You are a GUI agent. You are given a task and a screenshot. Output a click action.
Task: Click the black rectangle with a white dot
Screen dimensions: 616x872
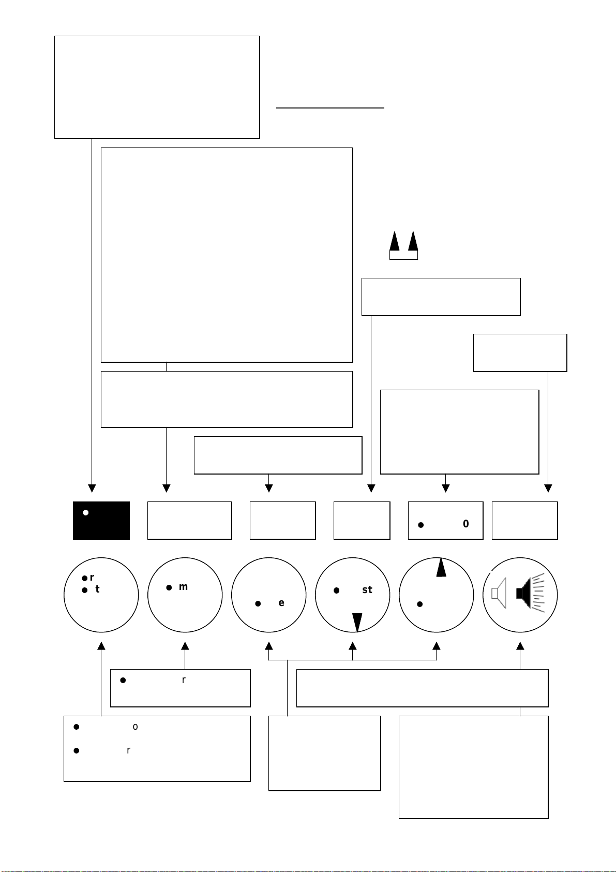(101, 521)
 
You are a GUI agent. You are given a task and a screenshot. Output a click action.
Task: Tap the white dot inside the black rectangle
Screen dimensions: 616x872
(86, 513)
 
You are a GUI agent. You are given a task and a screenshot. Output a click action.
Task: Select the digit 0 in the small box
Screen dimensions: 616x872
(466, 524)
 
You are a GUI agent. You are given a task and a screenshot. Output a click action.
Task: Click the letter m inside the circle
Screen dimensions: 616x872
(183, 587)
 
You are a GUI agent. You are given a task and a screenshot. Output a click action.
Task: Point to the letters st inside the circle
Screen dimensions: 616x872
(367, 590)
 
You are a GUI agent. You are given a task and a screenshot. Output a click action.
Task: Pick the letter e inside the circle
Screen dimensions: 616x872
(281, 603)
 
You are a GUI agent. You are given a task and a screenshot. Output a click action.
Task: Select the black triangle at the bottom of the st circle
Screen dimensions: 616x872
(357, 622)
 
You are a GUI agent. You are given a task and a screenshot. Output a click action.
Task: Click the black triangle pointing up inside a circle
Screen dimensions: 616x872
(441, 568)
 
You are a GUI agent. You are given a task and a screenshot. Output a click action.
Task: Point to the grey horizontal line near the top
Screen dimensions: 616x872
(330, 108)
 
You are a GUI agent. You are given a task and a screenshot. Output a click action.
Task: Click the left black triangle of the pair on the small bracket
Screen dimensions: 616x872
(395, 242)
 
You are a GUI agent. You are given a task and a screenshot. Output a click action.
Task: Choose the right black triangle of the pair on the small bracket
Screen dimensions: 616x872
(413, 242)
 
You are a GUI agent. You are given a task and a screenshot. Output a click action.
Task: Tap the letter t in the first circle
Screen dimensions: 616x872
(97, 589)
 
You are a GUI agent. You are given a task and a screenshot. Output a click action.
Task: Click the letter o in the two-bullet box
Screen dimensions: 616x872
(136, 727)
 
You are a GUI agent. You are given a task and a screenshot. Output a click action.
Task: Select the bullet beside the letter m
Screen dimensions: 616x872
(169, 587)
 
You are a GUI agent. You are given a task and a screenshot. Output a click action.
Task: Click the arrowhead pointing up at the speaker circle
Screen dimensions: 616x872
(520, 646)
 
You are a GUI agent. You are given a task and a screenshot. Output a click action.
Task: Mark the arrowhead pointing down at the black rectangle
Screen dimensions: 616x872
(92, 488)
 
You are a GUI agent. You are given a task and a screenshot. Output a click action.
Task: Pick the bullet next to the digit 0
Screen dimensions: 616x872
(421, 525)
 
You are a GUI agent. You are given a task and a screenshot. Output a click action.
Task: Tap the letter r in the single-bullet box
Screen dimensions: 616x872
(184, 680)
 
